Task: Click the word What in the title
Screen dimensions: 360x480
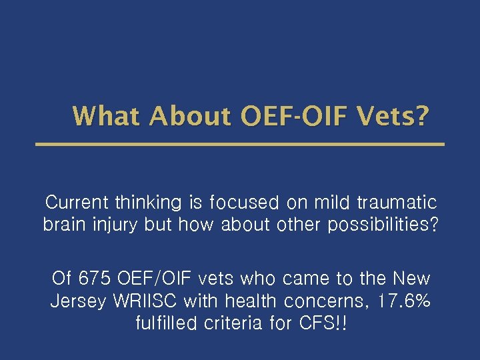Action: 107,116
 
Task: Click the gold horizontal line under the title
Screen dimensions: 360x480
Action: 239,144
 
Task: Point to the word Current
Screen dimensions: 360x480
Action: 77,202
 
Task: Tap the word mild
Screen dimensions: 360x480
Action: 331,202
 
